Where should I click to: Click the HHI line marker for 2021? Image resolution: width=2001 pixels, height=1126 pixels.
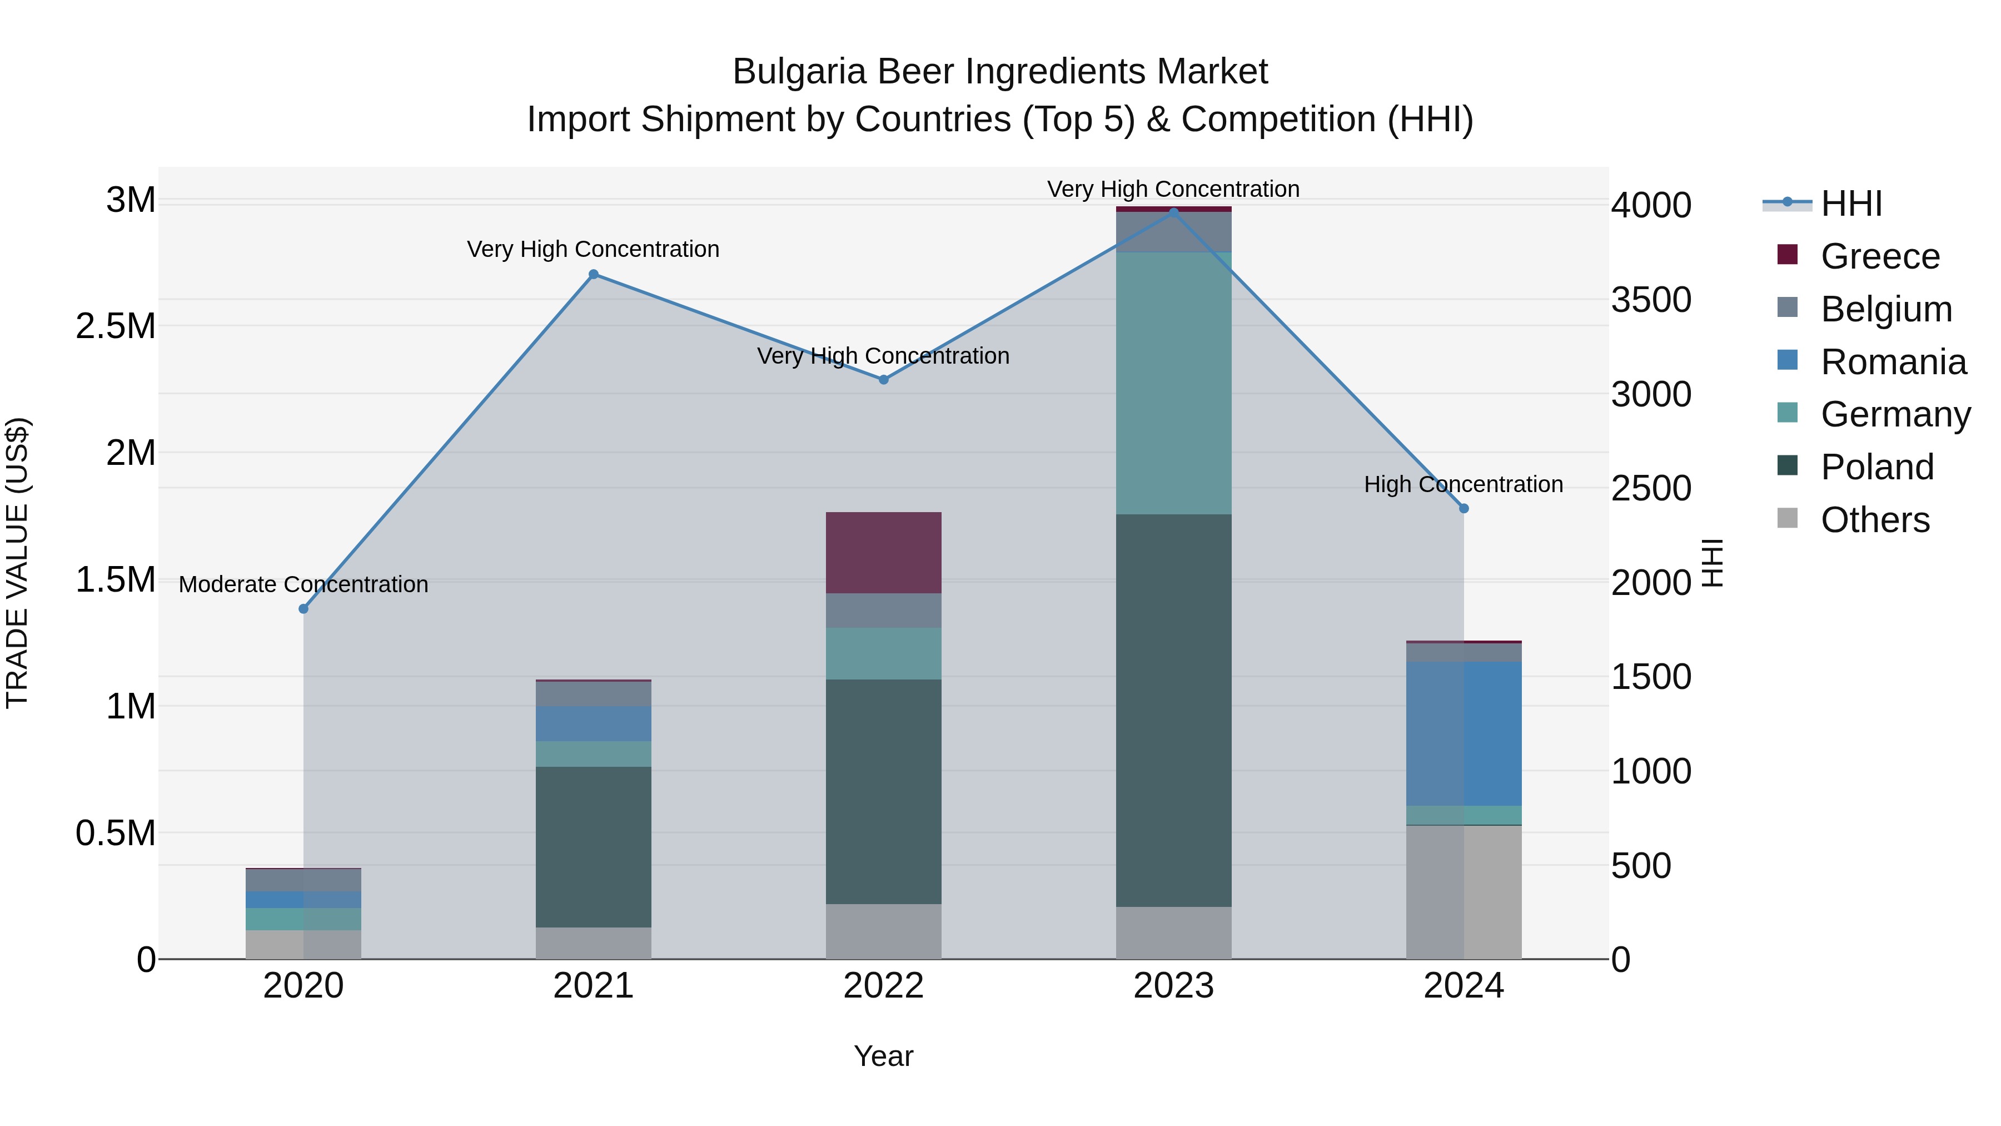(594, 274)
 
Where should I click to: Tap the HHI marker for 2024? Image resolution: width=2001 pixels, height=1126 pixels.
(1464, 508)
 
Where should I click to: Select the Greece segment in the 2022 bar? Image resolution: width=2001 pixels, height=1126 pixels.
(883, 553)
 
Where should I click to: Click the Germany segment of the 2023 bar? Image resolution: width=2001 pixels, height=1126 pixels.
(1173, 383)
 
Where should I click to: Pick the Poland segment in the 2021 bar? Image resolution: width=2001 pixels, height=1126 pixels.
(594, 846)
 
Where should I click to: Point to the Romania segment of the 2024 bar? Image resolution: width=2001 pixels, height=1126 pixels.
(1464, 733)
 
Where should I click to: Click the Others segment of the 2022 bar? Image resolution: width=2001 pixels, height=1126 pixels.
(883, 931)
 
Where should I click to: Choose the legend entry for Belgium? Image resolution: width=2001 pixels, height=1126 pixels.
(1885, 309)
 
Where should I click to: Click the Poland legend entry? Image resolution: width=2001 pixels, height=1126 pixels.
(1876, 467)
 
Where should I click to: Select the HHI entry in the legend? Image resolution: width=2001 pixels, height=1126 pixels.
(1850, 204)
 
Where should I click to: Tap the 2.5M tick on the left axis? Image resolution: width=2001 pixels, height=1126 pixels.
(116, 326)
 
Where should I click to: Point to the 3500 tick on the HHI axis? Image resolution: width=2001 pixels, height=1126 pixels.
(1651, 300)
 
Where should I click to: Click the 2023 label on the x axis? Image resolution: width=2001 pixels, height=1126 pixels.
(1173, 985)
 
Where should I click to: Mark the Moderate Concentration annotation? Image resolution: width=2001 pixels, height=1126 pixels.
(303, 584)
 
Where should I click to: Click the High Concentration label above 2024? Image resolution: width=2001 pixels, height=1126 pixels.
(1464, 484)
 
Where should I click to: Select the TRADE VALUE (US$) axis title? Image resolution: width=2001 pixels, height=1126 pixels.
(17, 563)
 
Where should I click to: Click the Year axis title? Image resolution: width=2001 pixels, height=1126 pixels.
(883, 1056)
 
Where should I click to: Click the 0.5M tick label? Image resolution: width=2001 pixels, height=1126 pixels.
(116, 833)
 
